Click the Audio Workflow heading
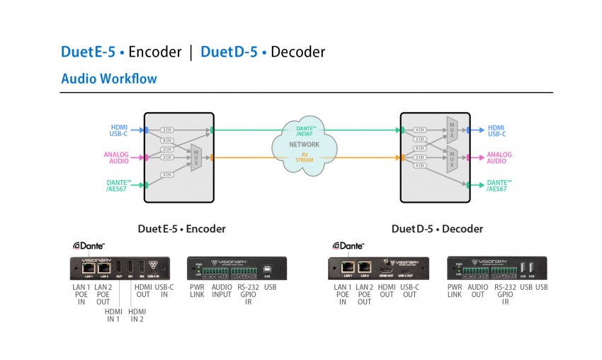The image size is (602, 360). [109, 79]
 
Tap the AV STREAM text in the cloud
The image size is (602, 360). [305, 157]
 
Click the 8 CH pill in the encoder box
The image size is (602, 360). [167, 141]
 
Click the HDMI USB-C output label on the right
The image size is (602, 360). [496, 130]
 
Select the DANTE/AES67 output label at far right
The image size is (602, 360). [499, 186]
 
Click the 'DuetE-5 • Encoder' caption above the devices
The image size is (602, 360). [182, 229]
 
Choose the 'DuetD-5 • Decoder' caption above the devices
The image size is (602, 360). [437, 229]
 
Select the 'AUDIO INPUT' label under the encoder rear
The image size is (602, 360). [222, 291]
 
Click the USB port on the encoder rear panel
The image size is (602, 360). [267, 269]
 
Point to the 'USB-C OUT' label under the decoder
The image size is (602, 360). [409, 291]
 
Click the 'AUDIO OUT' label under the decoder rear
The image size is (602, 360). [478, 291]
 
